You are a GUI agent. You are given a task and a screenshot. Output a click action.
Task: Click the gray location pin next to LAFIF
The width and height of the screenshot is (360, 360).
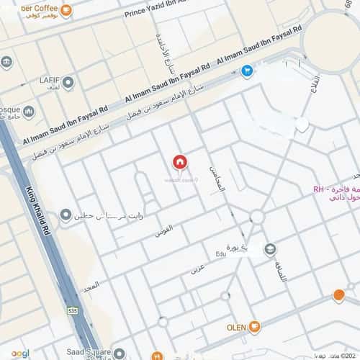click(x=68, y=83)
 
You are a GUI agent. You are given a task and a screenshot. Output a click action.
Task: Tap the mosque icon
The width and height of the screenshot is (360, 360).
click(x=30, y=112)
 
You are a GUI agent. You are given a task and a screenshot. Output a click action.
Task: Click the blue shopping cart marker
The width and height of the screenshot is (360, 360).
click(x=247, y=71)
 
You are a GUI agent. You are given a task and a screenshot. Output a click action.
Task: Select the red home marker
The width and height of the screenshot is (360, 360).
click(x=179, y=163)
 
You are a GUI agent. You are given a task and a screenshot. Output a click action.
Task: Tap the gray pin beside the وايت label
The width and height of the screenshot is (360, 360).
click(x=66, y=215)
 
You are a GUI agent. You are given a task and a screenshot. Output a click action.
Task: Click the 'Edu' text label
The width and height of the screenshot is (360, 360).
click(x=220, y=253)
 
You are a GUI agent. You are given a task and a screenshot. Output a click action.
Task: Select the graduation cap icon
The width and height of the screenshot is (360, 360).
click(x=269, y=250)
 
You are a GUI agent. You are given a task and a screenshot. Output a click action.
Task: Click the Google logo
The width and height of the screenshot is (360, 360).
click(x=20, y=353)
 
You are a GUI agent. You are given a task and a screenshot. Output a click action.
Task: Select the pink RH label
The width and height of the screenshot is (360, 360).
click(x=319, y=190)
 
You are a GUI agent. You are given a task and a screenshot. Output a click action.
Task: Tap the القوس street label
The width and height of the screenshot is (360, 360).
click(x=163, y=232)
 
